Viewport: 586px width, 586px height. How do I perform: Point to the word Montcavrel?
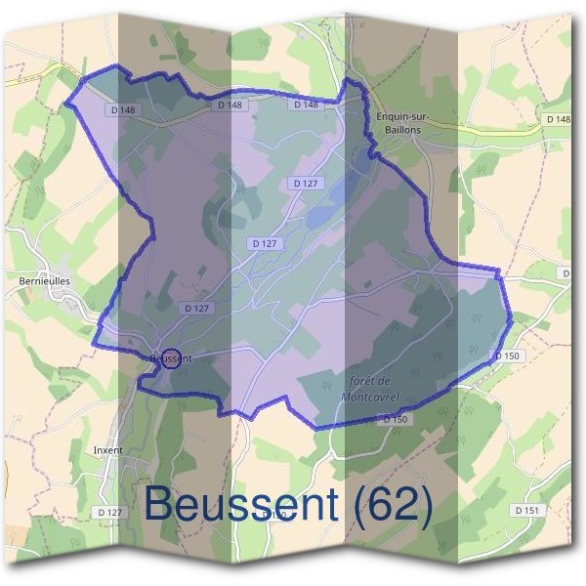372,397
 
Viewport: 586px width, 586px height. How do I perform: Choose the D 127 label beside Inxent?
110,512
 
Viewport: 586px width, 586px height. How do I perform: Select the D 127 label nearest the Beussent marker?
197,308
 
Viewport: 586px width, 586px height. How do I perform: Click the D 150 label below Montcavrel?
395,419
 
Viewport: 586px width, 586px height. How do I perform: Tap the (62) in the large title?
389,505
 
